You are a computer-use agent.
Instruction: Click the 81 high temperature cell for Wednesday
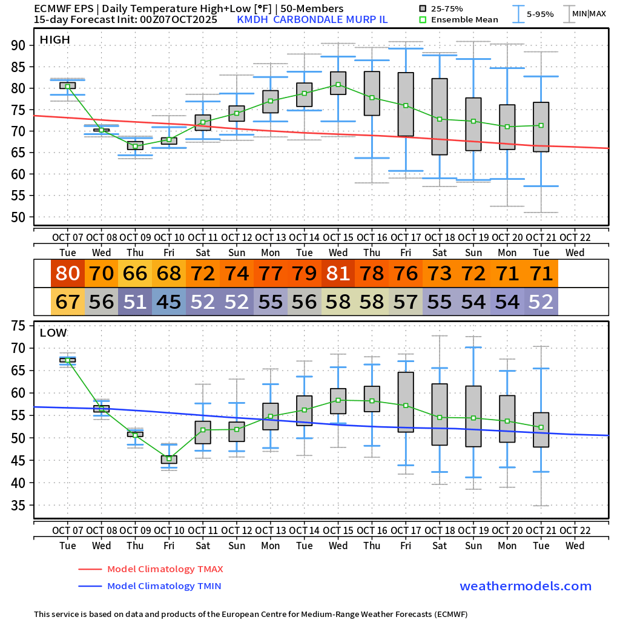coord(338,274)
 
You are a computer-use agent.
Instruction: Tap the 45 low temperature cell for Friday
coord(169,302)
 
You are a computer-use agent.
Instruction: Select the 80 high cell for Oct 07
coord(68,274)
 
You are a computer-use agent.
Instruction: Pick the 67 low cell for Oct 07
coord(68,302)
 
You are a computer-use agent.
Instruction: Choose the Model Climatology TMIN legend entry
coord(163,586)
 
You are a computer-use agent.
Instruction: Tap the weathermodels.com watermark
coord(526,586)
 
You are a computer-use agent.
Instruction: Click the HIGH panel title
coord(54,40)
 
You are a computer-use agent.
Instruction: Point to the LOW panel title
coord(53,332)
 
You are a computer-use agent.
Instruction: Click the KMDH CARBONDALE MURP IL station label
coord(312,19)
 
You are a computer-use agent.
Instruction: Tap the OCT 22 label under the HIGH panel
coord(575,237)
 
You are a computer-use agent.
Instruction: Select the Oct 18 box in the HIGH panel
coord(440,116)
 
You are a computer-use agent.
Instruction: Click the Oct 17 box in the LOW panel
coord(406,402)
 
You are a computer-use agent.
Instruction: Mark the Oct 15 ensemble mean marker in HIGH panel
coord(338,85)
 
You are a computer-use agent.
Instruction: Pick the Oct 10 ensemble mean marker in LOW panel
coord(169,458)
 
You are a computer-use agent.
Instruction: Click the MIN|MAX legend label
coord(589,13)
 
